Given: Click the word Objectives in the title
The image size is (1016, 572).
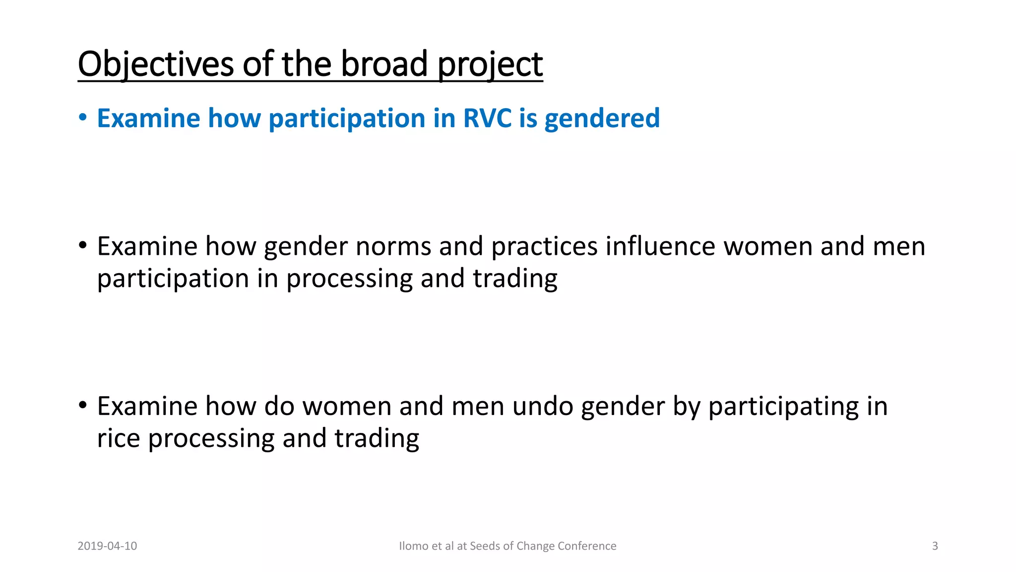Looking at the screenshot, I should pos(155,65).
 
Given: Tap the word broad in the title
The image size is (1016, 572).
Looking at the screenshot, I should pos(384,65).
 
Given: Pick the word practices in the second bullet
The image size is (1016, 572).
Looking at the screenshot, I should pos(544,247).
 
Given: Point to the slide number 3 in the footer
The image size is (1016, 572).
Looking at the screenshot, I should pos(935,546).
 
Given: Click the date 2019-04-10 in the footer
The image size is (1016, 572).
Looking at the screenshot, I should pos(107,546).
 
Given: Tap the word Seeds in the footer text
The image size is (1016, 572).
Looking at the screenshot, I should pos(485,546).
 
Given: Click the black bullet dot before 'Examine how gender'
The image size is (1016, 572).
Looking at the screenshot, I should pos(83,245).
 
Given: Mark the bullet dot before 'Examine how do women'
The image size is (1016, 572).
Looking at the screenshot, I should pos(83,405).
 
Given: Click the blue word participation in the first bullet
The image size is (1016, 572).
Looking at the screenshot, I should pos(347,119).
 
